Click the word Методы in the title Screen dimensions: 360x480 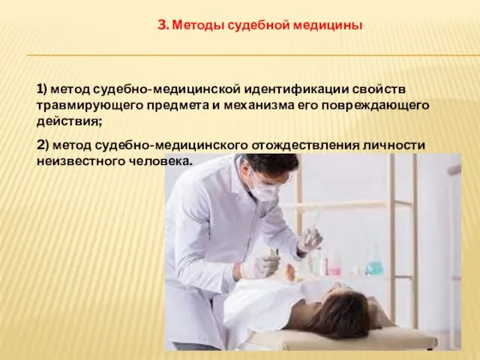[195, 25]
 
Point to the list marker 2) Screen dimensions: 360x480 [43, 145]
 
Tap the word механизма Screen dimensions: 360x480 [256, 105]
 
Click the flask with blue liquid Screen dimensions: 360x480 [373, 263]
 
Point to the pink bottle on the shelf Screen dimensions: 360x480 [334, 265]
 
